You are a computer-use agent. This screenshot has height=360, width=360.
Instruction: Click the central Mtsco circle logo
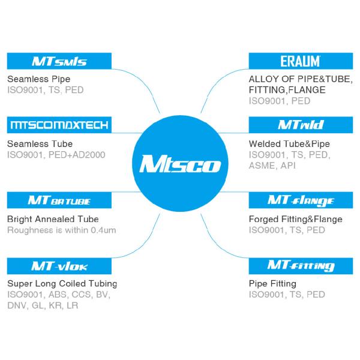179,163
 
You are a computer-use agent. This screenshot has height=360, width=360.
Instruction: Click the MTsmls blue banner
59,61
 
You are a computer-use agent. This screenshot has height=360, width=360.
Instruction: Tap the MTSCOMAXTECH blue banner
59,125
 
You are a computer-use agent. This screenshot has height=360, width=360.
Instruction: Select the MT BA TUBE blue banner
59,200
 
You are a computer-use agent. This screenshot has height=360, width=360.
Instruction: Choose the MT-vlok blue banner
59,265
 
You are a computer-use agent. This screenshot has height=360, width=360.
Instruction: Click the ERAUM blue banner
300,61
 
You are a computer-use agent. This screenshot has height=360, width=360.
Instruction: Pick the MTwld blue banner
300,125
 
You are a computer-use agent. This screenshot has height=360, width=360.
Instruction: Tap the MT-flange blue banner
300,200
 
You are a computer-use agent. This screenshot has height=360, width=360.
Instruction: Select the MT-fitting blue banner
300,265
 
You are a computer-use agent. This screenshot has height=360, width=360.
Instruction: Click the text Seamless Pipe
38,79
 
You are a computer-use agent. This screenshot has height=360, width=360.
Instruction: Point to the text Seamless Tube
40,144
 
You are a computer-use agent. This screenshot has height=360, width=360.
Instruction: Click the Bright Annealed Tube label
53,219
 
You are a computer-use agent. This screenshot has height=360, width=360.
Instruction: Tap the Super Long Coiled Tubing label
62,283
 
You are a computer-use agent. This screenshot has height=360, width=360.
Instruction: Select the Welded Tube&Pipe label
289,144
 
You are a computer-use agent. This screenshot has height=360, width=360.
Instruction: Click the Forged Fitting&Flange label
295,219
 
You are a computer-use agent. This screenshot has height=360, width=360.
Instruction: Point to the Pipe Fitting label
272,283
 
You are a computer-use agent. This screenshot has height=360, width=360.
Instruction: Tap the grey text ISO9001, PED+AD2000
56,155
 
